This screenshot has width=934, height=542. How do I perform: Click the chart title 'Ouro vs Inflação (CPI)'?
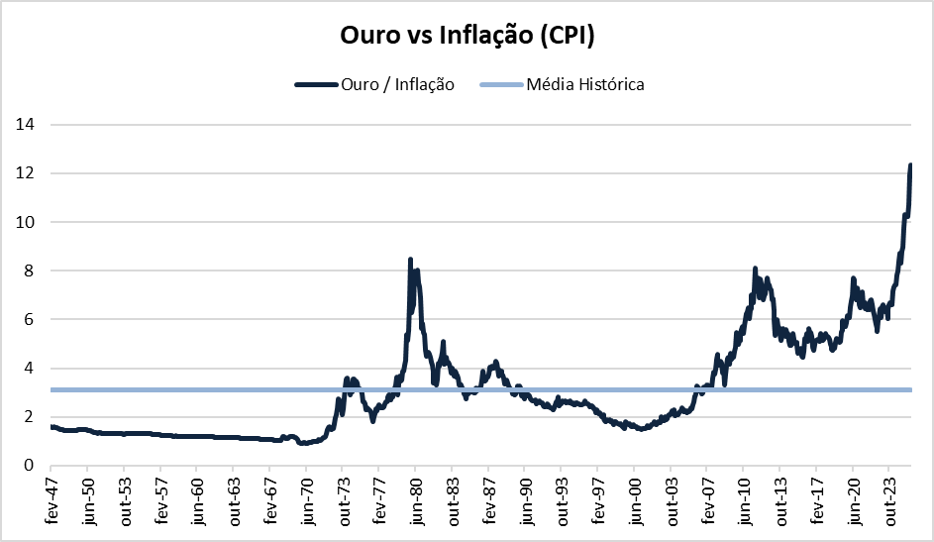[x=467, y=36]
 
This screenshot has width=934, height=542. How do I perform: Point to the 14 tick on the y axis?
[x=28, y=125]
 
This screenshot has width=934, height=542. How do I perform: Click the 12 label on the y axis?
[x=28, y=173]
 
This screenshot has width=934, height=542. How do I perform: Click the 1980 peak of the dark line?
[x=411, y=260]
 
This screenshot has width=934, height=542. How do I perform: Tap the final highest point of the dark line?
[x=910, y=165]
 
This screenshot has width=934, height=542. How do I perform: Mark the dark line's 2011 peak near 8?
[x=755, y=269]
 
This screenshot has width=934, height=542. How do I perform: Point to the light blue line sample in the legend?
[x=499, y=85]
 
